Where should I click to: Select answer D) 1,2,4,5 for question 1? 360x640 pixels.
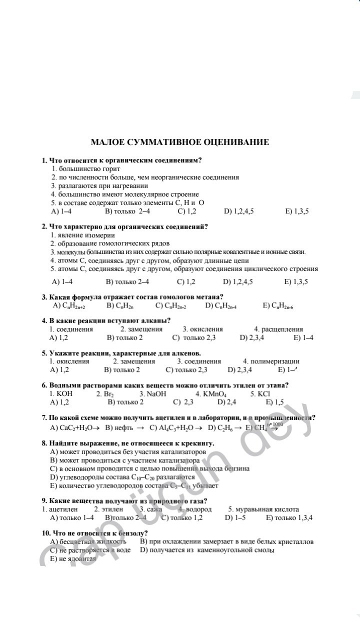pos(239,211)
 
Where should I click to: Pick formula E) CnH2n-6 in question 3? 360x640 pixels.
pos(278,305)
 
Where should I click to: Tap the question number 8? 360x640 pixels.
pos(44,443)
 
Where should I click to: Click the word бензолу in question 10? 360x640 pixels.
pos(131,533)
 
